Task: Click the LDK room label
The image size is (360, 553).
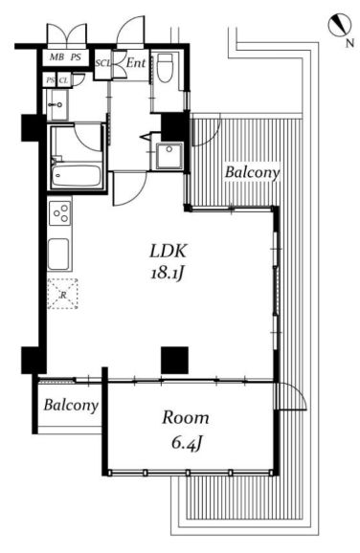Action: pyautogui.click(x=168, y=251)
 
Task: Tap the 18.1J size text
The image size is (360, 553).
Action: pyautogui.click(x=168, y=273)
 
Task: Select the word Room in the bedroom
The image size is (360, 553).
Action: pyautogui.click(x=186, y=417)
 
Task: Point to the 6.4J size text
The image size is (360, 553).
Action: pyautogui.click(x=187, y=442)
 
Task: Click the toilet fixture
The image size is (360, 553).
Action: pyautogui.click(x=164, y=68)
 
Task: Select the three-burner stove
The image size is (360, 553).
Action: pyautogui.click(x=59, y=212)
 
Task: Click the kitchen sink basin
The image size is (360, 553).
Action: pyautogui.click(x=58, y=254)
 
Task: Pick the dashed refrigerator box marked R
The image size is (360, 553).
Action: pyautogui.click(x=63, y=294)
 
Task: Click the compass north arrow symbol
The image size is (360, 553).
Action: pyautogui.click(x=340, y=25)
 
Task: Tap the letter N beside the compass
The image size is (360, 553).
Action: pyautogui.click(x=349, y=43)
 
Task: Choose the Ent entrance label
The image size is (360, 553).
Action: pyautogui.click(x=136, y=63)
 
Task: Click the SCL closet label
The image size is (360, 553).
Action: pyautogui.click(x=103, y=63)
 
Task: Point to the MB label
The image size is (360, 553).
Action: pyautogui.click(x=56, y=56)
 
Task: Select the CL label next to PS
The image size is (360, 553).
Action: pyautogui.click(x=63, y=80)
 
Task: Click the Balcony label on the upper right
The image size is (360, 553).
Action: pyautogui.click(x=252, y=172)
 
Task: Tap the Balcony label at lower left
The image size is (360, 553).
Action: pyautogui.click(x=71, y=405)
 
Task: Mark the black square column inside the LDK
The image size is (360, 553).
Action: pyautogui.click(x=174, y=360)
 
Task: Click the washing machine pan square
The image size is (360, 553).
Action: pyautogui.click(x=169, y=156)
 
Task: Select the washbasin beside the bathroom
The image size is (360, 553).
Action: pyautogui.click(x=57, y=104)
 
